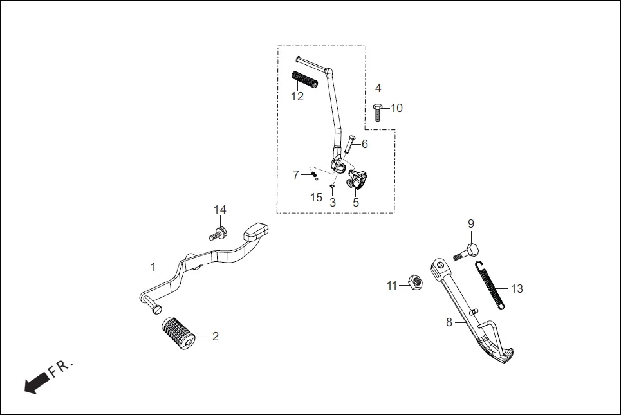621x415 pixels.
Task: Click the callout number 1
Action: click(x=153, y=266)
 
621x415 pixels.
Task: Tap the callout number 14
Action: click(x=220, y=210)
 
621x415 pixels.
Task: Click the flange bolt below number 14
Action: click(x=219, y=232)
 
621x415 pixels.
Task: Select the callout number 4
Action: click(x=378, y=88)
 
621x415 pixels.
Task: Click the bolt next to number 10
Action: click(x=378, y=111)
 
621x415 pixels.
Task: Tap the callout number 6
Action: click(x=364, y=144)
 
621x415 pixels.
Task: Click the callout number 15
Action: click(x=316, y=198)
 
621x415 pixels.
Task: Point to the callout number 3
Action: click(x=333, y=202)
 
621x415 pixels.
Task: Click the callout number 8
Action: click(x=449, y=322)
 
